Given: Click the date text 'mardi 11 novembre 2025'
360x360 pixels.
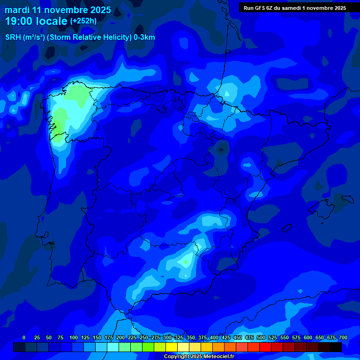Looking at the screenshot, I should (58, 10).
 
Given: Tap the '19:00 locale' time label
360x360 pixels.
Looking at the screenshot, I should (36, 21).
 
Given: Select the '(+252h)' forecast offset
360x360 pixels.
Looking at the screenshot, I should (83, 21).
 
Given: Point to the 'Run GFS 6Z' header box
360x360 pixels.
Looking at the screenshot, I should (295, 8).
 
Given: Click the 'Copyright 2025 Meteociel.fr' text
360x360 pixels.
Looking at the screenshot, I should (199, 357).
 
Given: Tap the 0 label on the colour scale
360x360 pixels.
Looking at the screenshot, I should (24, 337).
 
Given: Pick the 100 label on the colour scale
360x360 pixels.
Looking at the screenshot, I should (74, 337).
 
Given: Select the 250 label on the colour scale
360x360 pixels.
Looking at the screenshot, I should (144, 337).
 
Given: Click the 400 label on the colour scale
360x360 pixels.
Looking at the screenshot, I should (214, 337).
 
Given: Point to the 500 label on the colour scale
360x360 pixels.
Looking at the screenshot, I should (261, 337).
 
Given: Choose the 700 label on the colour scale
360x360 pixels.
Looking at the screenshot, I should (343, 337).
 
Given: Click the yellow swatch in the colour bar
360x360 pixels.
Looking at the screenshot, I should (172, 347).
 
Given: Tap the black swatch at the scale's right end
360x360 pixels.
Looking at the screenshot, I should (336, 347).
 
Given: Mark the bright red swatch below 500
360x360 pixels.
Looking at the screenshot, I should (265, 347).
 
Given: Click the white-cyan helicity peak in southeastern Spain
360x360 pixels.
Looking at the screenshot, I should (187, 261).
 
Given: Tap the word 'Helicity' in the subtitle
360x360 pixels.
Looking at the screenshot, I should (114, 37).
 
